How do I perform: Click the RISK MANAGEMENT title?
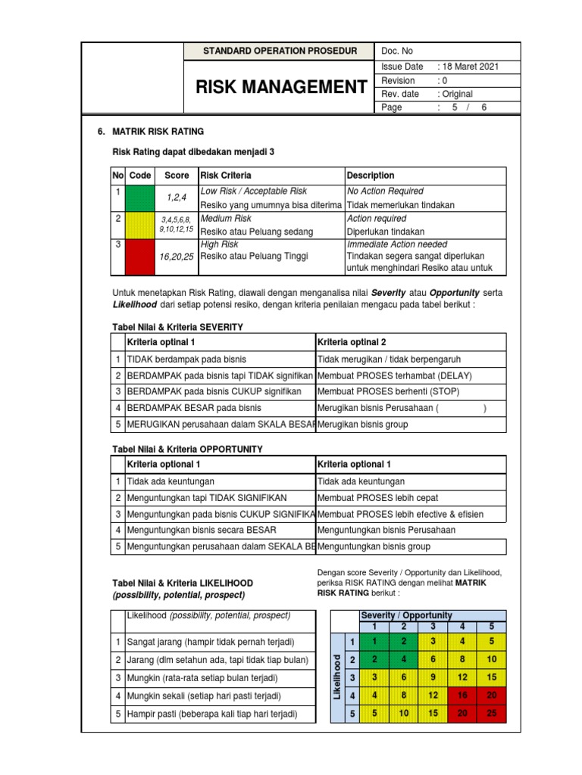coord(280,88)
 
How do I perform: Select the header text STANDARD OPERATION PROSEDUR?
coord(280,51)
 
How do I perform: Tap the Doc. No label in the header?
coord(398,51)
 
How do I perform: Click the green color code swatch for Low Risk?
coord(139,198)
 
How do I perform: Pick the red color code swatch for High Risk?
coord(139,257)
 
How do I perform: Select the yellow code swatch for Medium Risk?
coord(139,225)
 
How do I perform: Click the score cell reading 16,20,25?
coord(177,257)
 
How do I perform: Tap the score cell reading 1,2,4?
coord(177,198)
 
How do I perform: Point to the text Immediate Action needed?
coord(396,245)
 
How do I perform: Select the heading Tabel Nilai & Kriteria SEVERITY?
coord(177,327)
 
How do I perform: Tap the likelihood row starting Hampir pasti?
coord(211,714)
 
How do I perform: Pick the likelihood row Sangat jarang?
coord(210,643)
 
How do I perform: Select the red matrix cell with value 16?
coord(461,695)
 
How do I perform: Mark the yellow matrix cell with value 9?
coord(433,677)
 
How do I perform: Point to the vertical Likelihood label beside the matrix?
coord(336,677)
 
